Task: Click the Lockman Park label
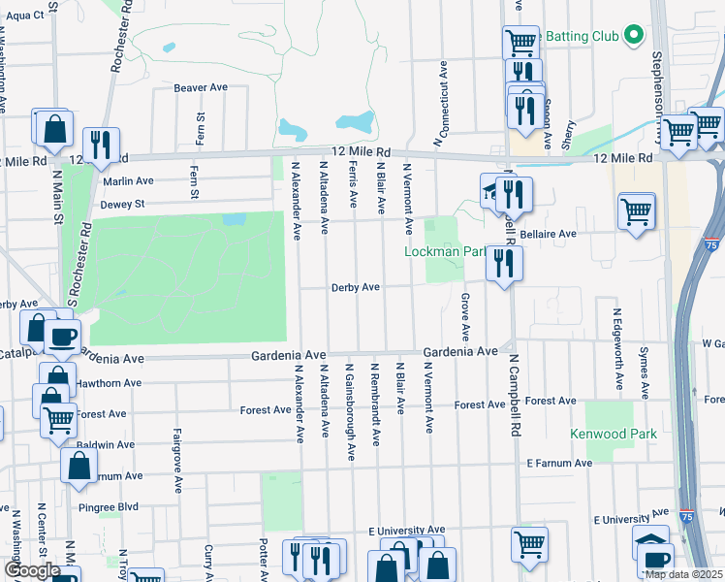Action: pyautogui.click(x=445, y=252)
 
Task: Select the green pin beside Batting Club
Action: pyautogui.click(x=634, y=36)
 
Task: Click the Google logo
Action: pyautogui.click(x=31, y=570)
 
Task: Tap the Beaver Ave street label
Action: pyautogui.click(x=201, y=87)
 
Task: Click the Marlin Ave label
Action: pyautogui.click(x=128, y=180)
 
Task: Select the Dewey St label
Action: pyautogui.click(x=122, y=205)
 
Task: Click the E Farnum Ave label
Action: pyautogui.click(x=559, y=464)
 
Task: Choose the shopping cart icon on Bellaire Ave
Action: pyautogui.click(x=636, y=210)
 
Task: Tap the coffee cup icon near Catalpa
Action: pyautogui.click(x=63, y=337)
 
